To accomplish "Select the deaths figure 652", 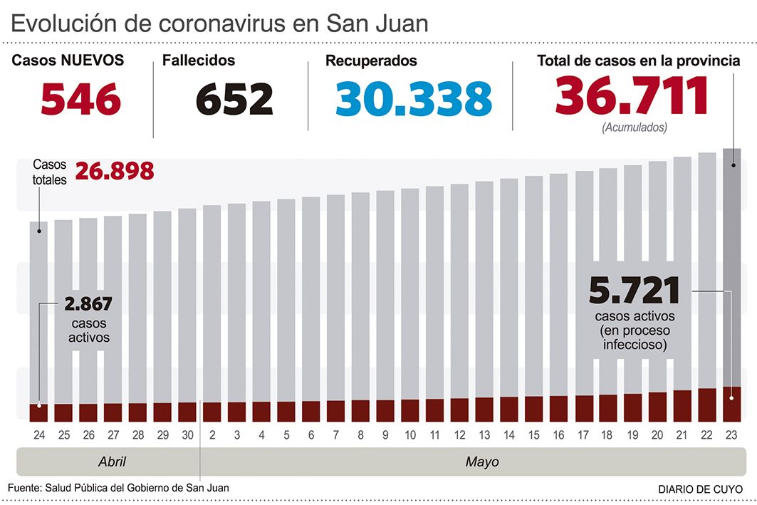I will point(234,98).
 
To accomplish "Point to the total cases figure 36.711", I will point(632,95).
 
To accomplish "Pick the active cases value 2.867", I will point(88,304).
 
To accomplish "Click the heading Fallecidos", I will point(199,61).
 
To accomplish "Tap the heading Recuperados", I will point(371,61).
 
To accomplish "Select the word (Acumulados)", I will point(635,128).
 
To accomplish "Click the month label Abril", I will point(112,462).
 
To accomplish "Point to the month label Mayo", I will point(482,462).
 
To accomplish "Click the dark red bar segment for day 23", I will point(732,404).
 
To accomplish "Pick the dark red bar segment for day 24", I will point(38,412).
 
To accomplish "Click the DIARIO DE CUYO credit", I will point(699,489).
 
